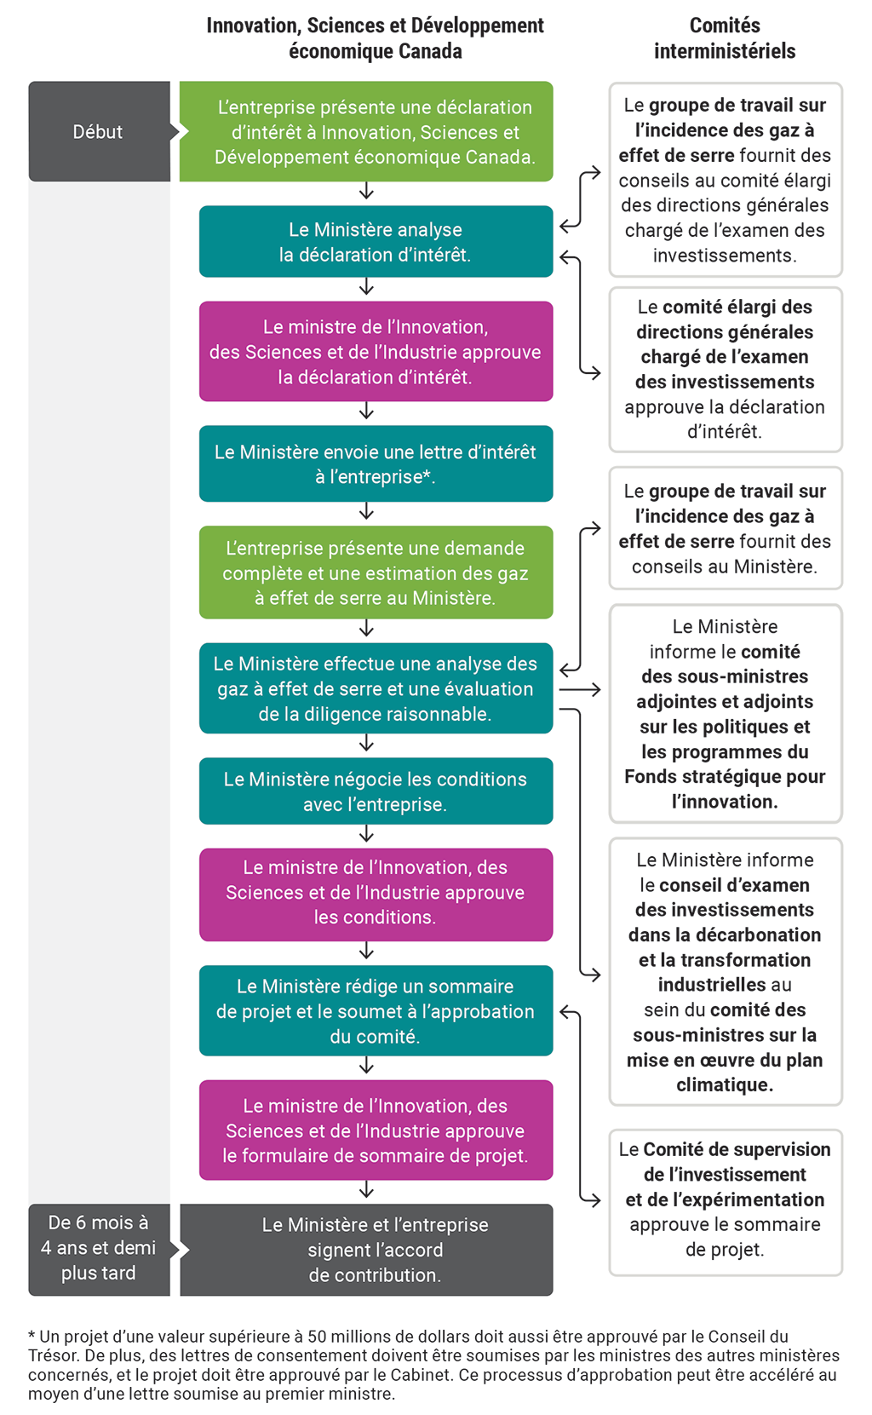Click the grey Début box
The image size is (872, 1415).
point(99,131)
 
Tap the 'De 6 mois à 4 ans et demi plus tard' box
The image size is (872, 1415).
point(99,1248)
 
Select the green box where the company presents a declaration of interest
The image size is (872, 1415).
point(375,131)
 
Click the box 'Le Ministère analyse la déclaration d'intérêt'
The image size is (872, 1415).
point(375,241)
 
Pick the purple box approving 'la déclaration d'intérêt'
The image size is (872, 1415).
point(375,351)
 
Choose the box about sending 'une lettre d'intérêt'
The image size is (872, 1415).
point(375,463)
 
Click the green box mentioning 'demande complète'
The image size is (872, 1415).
point(375,572)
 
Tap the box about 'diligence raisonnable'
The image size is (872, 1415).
point(375,688)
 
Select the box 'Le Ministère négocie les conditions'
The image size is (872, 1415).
point(375,791)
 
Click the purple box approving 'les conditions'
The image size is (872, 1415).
point(375,893)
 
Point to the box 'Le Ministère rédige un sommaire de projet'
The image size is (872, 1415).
point(375,1010)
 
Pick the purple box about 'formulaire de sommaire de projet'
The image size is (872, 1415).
point(375,1130)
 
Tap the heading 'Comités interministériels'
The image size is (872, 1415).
point(725,38)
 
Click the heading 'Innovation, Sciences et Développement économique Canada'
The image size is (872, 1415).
point(375,38)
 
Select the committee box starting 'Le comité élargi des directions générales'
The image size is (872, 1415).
point(725,369)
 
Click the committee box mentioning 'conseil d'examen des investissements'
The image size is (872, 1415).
point(725,971)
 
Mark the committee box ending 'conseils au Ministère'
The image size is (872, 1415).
point(725,528)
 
